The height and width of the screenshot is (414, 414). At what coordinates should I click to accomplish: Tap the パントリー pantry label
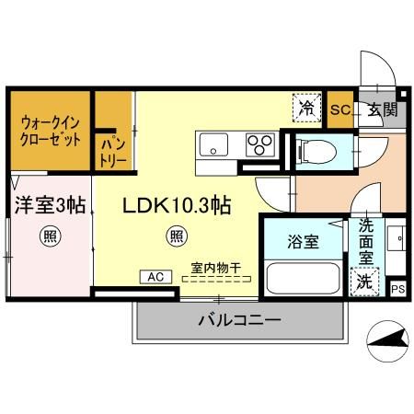(x=113, y=150)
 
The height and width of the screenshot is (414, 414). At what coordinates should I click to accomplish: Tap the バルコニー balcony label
(x=239, y=321)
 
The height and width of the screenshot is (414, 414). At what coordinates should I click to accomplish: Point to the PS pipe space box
(x=397, y=289)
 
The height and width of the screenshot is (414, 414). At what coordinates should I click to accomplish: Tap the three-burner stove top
(x=259, y=144)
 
